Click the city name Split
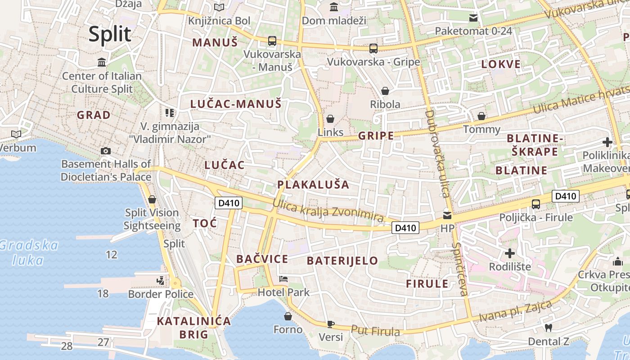(110, 34)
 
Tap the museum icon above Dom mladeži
(334, 7)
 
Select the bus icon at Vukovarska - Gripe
(373, 49)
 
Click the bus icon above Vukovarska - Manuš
(272, 41)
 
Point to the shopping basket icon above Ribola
(385, 91)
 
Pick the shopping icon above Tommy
(481, 117)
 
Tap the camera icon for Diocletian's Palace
(106, 151)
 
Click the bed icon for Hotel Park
(283, 279)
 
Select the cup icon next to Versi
(331, 324)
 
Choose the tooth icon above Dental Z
(548, 328)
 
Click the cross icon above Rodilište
(509, 253)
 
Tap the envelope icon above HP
(447, 215)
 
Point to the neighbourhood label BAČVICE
(262, 259)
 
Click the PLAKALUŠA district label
(313, 184)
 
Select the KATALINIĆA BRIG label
(194, 328)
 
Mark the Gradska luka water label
(29, 252)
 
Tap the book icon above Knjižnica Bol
(219, 8)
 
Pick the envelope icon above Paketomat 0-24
(473, 18)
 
